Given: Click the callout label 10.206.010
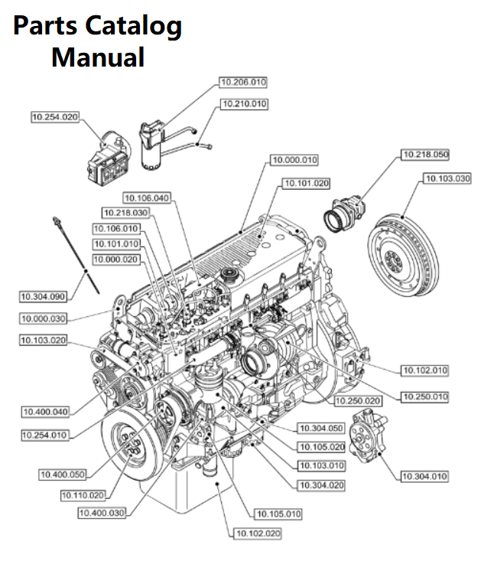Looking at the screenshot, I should click(244, 82).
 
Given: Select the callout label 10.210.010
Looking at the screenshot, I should click(244, 103).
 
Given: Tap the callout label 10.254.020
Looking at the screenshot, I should click(55, 117).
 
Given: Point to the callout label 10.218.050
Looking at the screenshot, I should click(425, 155).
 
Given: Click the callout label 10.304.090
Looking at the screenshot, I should click(43, 295).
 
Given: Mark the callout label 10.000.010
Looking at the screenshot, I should click(294, 160).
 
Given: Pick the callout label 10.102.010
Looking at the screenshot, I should click(425, 370).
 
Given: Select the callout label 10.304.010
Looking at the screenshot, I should click(425, 477).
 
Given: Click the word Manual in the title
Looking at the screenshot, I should click(98, 57).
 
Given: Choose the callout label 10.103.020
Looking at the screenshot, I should click(43, 340).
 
